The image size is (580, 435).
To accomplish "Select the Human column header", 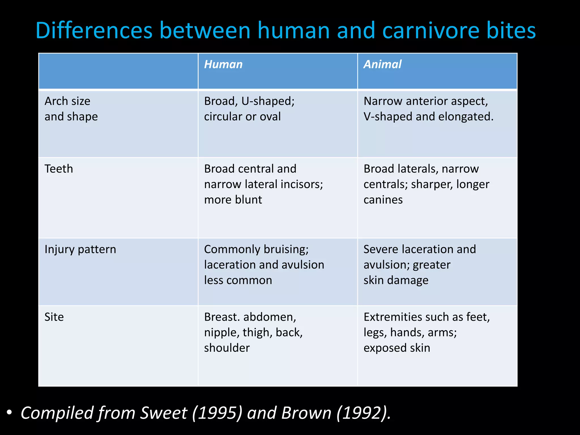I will (x=223, y=64).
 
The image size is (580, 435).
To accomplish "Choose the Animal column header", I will (x=382, y=64).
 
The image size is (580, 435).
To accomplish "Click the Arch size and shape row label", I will (x=71, y=109).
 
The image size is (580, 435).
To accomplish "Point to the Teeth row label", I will (x=59, y=169).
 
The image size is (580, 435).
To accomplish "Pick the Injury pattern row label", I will (x=80, y=250).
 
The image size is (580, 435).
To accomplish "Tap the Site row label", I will (x=54, y=317).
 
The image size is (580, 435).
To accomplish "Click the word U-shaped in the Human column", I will (x=268, y=101).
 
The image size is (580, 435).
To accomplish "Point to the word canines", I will (x=383, y=200).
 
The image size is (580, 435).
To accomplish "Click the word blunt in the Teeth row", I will (x=248, y=200).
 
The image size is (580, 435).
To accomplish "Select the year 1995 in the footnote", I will (x=217, y=413).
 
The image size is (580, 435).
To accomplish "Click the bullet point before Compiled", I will (x=9, y=412).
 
